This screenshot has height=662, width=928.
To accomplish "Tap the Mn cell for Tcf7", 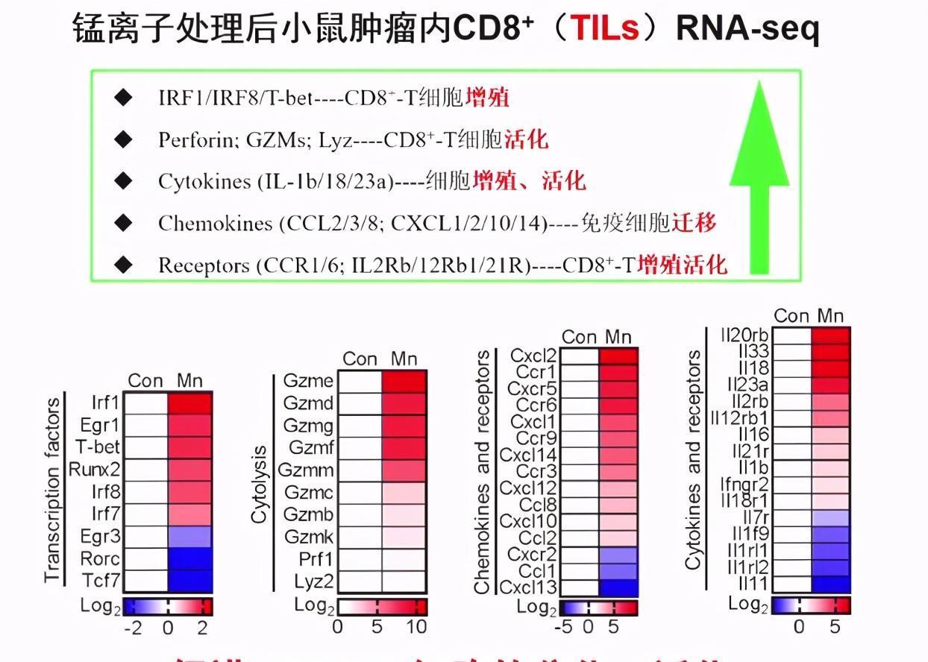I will tap(190, 580).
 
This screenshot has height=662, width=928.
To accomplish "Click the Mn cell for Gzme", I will tap(404, 381).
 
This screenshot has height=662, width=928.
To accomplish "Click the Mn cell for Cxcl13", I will tap(618, 587).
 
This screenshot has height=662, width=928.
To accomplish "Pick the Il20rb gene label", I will tap(746, 335).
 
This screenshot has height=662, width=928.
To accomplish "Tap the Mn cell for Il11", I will tap(830, 584).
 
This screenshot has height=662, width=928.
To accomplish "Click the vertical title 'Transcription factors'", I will tap(52, 491).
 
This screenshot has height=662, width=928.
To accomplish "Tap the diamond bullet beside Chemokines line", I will tap(123, 222).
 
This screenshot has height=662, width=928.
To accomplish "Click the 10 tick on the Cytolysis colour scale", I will tap(416, 626).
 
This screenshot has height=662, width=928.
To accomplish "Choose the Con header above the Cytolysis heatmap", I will tap(360, 359).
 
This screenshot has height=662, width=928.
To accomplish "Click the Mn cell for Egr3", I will tap(190, 536).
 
